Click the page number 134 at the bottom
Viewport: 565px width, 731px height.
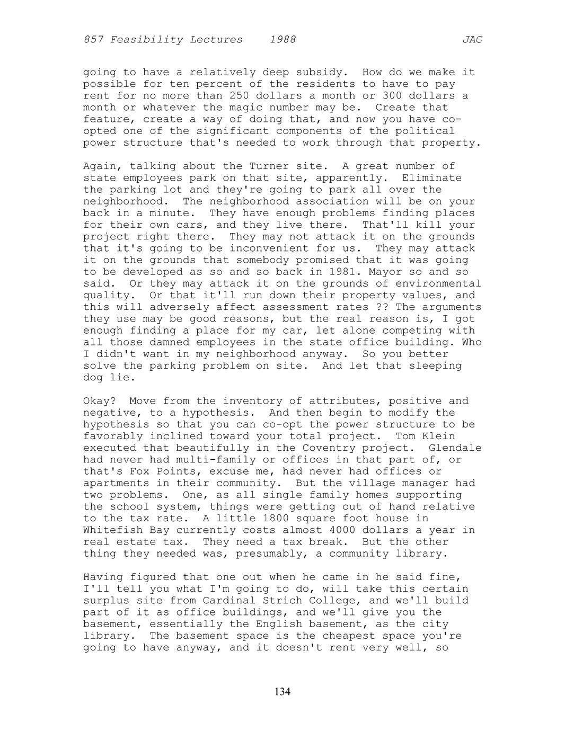282,691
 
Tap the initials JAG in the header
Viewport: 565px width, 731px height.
472,40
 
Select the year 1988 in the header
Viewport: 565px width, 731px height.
282,40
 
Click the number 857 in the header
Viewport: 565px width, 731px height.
93,40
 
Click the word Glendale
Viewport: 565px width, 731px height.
455,448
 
